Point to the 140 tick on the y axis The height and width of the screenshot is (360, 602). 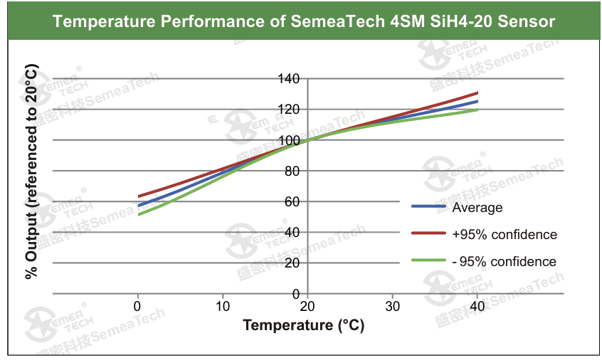(x=290, y=78)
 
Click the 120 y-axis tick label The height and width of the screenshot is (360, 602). (x=290, y=109)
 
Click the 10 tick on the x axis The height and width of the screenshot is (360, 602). (x=223, y=306)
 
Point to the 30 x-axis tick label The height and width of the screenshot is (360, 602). (x=392, y=306)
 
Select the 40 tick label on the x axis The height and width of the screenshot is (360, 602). (x=477, y=306)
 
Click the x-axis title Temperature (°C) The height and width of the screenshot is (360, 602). (x=303, y=325)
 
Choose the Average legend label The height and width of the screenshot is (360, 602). (x=477, y=208)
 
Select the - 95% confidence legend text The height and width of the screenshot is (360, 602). (x=504, y=262)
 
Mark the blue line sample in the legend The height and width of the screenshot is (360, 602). (x=428, y=207)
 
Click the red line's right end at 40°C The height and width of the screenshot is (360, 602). (x=477, y=93)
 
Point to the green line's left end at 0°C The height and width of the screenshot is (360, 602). (x=139, y=214)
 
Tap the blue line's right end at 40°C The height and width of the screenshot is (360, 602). (x=477, y=101)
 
